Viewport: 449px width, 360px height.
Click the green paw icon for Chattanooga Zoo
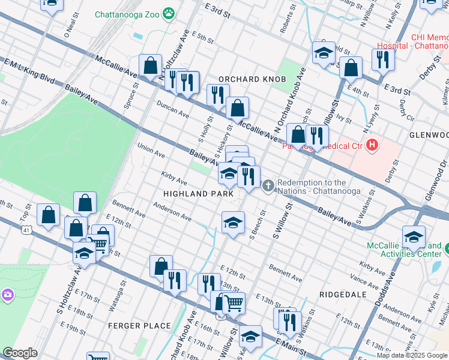pyautogui.click(x=170, y=12)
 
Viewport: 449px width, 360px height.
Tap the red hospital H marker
pyautogui.click(x=373, y=145)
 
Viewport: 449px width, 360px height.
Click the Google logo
pyautogui.click(x=20, y=353)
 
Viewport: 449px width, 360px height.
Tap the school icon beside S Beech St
pyautogui.click(x=233, y=223)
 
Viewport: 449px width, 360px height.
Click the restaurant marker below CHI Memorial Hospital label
pyautogui.click(x=382, y=59)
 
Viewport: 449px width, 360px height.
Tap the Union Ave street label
pyautogui.click(x=151, y=150)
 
